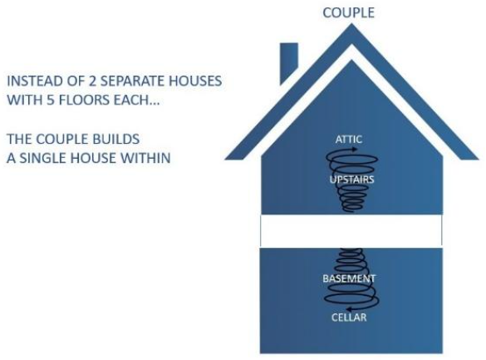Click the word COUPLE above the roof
point(348,12)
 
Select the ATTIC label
point(348,139)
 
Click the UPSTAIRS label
point(351,180)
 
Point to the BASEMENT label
point(349,279)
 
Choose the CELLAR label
point(349,318)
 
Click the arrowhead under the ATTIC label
point(354,150)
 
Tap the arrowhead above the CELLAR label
point(349,308)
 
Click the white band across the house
point(351,230)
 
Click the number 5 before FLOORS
point(50,100)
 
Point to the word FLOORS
point(84,100)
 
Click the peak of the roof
point(351,24)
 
